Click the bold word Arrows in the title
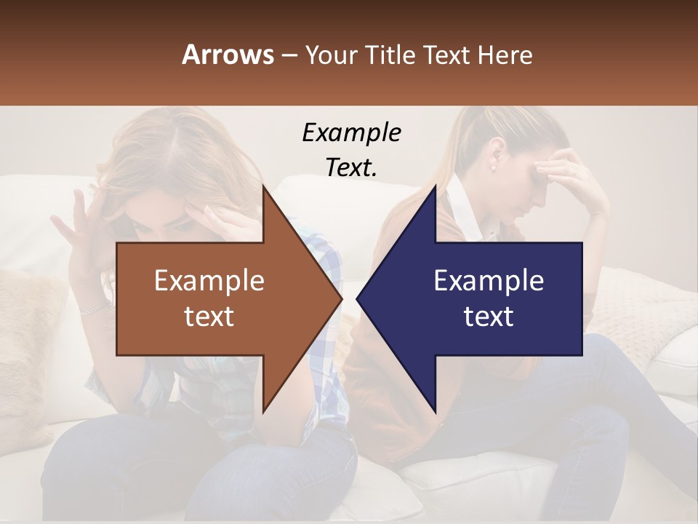pos(228,55)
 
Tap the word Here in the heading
pos(505,55)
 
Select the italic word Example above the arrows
pos(351,133)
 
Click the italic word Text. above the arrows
pos(351,167)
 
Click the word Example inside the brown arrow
pos(209,281)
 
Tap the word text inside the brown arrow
pos(209,317)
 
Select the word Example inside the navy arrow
pos(489,281)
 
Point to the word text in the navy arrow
pos(489,317)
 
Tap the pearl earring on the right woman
pos(492,167)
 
